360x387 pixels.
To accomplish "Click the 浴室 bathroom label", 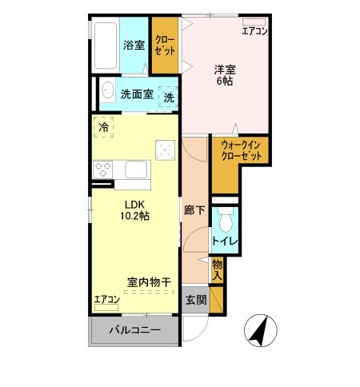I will coord(134,45).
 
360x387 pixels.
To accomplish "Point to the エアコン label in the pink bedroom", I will coord(254,31).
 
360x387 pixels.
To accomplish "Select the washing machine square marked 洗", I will coord(169,96).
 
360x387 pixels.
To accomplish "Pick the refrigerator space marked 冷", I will coord(104,126).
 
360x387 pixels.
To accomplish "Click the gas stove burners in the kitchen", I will coord(104,170).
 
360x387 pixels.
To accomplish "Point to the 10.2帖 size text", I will coord(134,216).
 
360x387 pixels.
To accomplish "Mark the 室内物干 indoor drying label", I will coord(149,282).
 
